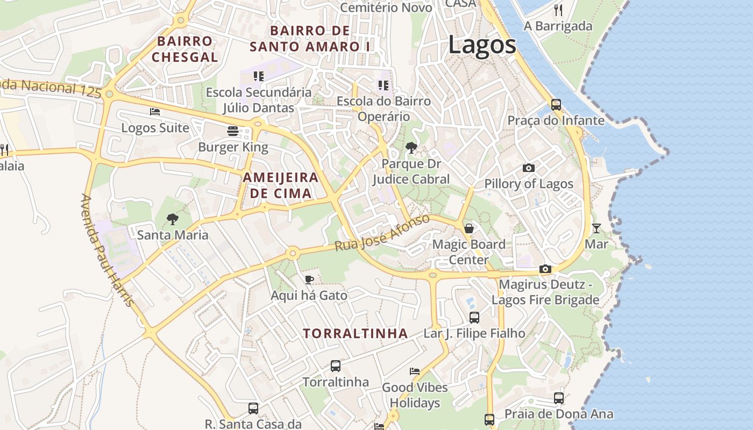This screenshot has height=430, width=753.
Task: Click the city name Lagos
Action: (482, 45)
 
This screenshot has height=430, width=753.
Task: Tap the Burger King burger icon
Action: (233, 131)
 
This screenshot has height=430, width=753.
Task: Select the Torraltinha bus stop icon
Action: (336, 366)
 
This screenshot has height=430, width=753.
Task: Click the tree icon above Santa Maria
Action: (173, 219)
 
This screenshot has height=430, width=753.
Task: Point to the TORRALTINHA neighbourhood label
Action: (355, 333)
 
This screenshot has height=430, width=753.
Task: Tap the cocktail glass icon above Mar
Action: (596, 228)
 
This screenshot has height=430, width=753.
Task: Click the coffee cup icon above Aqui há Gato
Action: (309, 279)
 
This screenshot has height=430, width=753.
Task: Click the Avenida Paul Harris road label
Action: (107, 250)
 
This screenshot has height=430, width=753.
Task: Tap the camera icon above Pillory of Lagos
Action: (529, 168)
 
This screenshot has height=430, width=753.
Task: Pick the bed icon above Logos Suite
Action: (155, 112)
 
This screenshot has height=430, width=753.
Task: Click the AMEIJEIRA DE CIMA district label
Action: (280, 185)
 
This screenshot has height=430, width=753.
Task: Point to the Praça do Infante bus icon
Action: (556, 104)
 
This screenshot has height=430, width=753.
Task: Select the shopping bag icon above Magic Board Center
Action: (469, 228)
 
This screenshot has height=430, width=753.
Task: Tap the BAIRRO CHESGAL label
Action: (184, 49)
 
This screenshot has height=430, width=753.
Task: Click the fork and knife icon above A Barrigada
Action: (558, 10)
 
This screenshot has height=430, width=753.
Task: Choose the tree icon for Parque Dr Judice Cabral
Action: (411, 147)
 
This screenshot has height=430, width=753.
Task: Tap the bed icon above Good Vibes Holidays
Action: (415, 371)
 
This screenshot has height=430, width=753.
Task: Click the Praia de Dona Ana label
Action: (558, 414)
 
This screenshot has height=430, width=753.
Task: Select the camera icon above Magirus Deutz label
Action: (545, 269)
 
